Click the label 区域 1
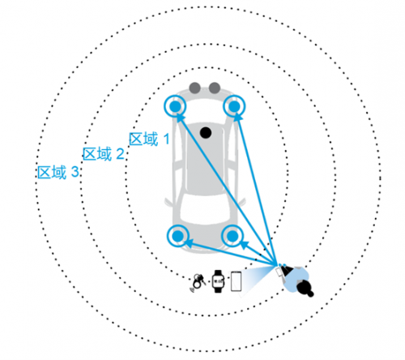click(149, 139)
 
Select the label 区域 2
click(104, 154)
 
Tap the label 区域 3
click(58, 173)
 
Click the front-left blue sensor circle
click(175, 106)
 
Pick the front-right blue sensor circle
click(234, 106)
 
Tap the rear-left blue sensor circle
click(178, 236)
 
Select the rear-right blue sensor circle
click(232, 236)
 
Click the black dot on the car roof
click(206, 133)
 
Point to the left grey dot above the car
click(195, 88)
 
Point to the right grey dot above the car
click(215, 88)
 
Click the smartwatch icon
click(218, 281)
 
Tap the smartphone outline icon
click(236, 281)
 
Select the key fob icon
click(198, 282)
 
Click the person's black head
click(305, 288)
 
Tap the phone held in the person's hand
click(279, 272)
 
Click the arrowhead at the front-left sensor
click(181, 117)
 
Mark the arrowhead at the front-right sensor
click(237, 117)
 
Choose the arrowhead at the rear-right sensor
click(244, 245)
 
